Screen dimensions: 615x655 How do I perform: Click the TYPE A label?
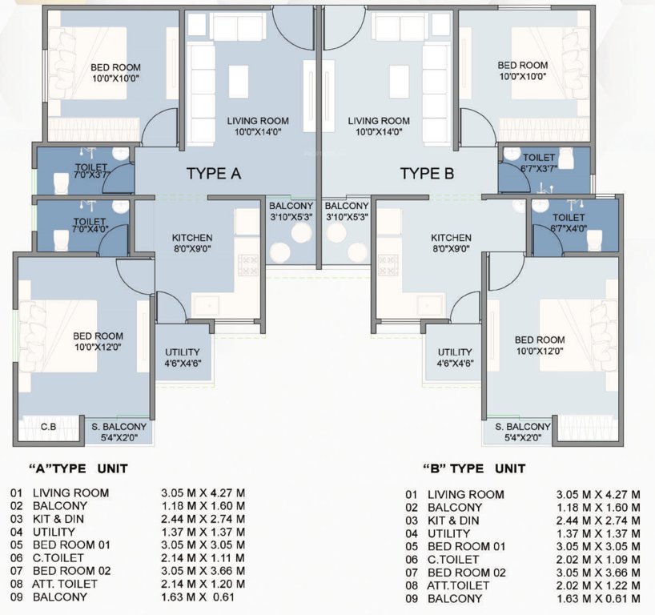coord(214,174)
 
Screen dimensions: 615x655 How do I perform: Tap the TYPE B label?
coord(428,174)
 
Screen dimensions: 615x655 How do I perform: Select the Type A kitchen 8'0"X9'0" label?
coord(192,243)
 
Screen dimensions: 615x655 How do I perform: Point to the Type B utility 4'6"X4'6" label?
coord(454,357)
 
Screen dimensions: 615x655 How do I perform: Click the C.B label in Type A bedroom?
coord(48,427)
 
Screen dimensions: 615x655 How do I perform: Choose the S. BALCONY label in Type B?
coord(523,432)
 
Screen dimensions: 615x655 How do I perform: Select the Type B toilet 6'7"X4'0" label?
coord(569,222)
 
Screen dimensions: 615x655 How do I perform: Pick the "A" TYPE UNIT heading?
coord(78,468)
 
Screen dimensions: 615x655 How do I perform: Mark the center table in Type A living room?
coord(239,81)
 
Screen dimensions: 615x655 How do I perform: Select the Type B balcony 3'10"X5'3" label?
coord(347,211)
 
